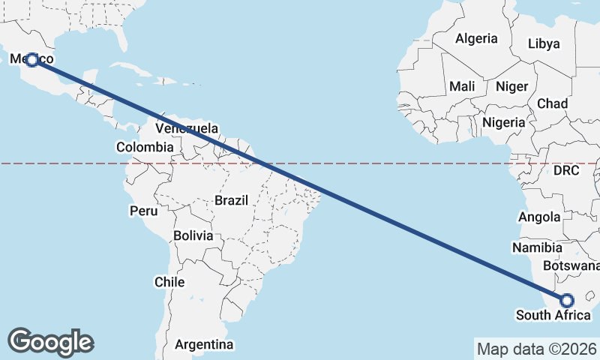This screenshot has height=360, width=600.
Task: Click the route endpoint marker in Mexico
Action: tap(31, 59)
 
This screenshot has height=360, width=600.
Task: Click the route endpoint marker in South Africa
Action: tap(566, 300)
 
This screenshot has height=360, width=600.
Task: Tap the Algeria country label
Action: tap(476, 38)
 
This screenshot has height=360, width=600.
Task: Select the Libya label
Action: tap(544, 43)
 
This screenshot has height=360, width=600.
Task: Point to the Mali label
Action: tap(462, 87)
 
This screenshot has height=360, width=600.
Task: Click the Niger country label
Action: tap(512, 87)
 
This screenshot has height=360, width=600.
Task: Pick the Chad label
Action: tap(552, 103)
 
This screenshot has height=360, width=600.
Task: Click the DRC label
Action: tap(566, 171)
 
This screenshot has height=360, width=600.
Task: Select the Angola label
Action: tap(539, 217)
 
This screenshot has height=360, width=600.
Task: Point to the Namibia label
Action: tap(537, 247)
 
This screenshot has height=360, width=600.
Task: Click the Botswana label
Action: tap(573, 265)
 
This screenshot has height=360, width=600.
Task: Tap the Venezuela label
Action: tap(187, 127)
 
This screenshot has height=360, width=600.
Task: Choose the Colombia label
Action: tap(145, 148)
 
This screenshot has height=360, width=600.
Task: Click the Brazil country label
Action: tap(231, 200)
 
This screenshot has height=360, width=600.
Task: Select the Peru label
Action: tap(143, 211)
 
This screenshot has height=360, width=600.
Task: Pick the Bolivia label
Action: tap(193, 235)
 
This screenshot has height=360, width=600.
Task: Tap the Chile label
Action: tap(169, 282)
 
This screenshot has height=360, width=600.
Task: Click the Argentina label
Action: tap(204, 345)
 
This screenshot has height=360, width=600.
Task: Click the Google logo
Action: tap(50, 342)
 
